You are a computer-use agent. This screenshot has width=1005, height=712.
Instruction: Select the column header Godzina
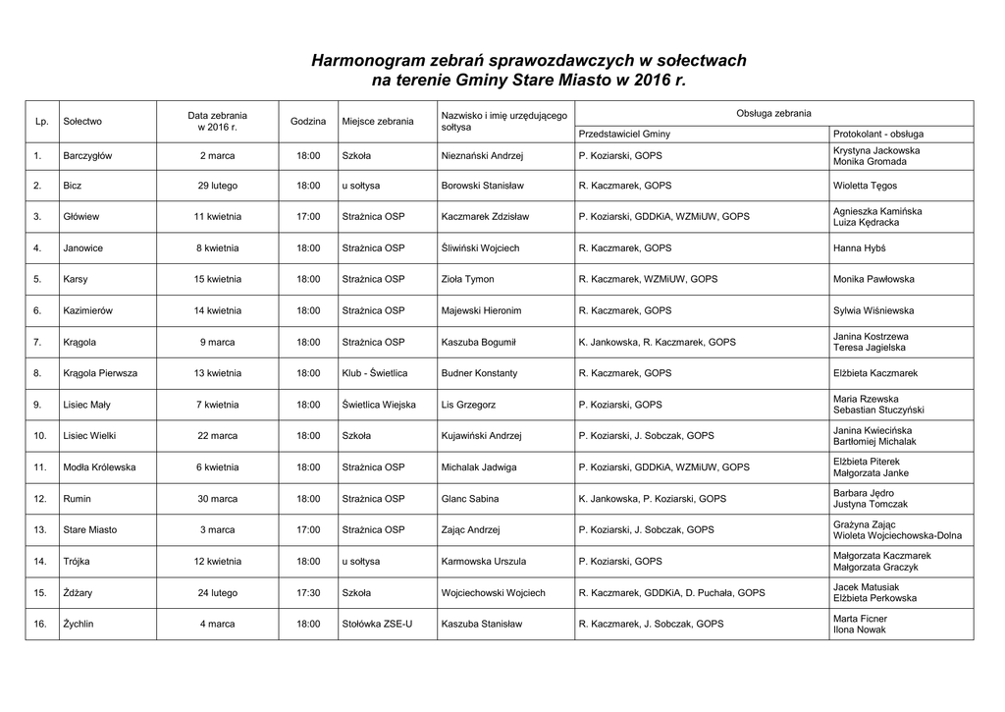coord(308,121)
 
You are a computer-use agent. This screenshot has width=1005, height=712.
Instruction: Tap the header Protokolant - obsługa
coord(877,134)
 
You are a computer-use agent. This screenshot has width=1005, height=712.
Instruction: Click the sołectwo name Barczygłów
coord(87,155)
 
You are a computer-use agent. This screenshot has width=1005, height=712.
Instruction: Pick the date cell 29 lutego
coord(217,185)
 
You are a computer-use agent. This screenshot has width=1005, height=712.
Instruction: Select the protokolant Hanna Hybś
coord(860,248)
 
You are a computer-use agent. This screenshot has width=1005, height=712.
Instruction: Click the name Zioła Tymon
coord(468,279)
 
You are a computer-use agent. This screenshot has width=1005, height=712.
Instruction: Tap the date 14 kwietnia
coord(217,310)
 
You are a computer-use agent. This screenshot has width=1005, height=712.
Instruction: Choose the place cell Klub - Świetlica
coord(375,373)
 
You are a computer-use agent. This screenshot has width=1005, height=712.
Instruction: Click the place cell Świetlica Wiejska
coord(379,405)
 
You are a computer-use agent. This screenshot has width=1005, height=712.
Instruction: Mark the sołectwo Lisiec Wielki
coord(89,435)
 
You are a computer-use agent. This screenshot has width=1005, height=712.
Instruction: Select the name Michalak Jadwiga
coord(479,467)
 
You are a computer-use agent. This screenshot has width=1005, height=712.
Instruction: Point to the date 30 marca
coord(217,499)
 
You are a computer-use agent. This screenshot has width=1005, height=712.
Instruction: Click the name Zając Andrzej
coord(471,529)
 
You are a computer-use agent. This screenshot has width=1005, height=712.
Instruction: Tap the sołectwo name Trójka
coord(77,562)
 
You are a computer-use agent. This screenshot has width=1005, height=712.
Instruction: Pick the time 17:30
coord(308,593)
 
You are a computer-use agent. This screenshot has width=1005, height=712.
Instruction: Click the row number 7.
coord(37,342)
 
